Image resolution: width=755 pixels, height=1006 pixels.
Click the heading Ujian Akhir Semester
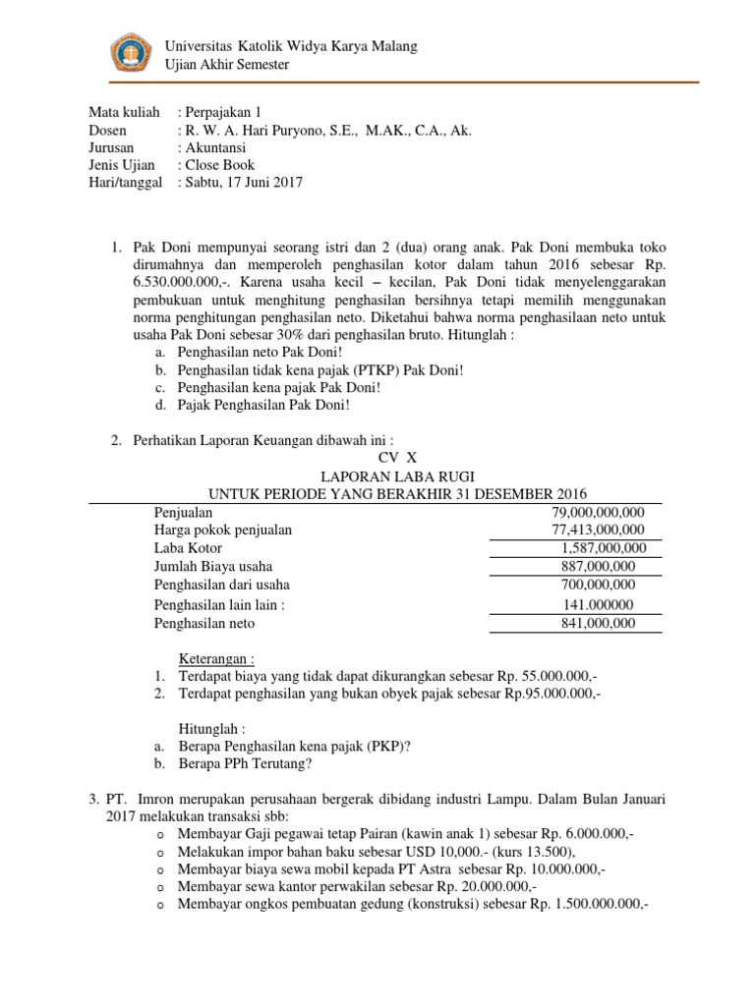click(227, 65)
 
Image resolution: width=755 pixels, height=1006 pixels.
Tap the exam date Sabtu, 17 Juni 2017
click(244, 182)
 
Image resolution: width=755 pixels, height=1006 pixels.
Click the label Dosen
click(108, 131)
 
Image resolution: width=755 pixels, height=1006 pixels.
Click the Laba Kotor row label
click(188, 548)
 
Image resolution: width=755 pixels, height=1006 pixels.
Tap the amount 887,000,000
click(598, 567)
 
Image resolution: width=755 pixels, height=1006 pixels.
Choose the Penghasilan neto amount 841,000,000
click(598, 623)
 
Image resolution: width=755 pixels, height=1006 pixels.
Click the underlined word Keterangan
click(215, 657)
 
